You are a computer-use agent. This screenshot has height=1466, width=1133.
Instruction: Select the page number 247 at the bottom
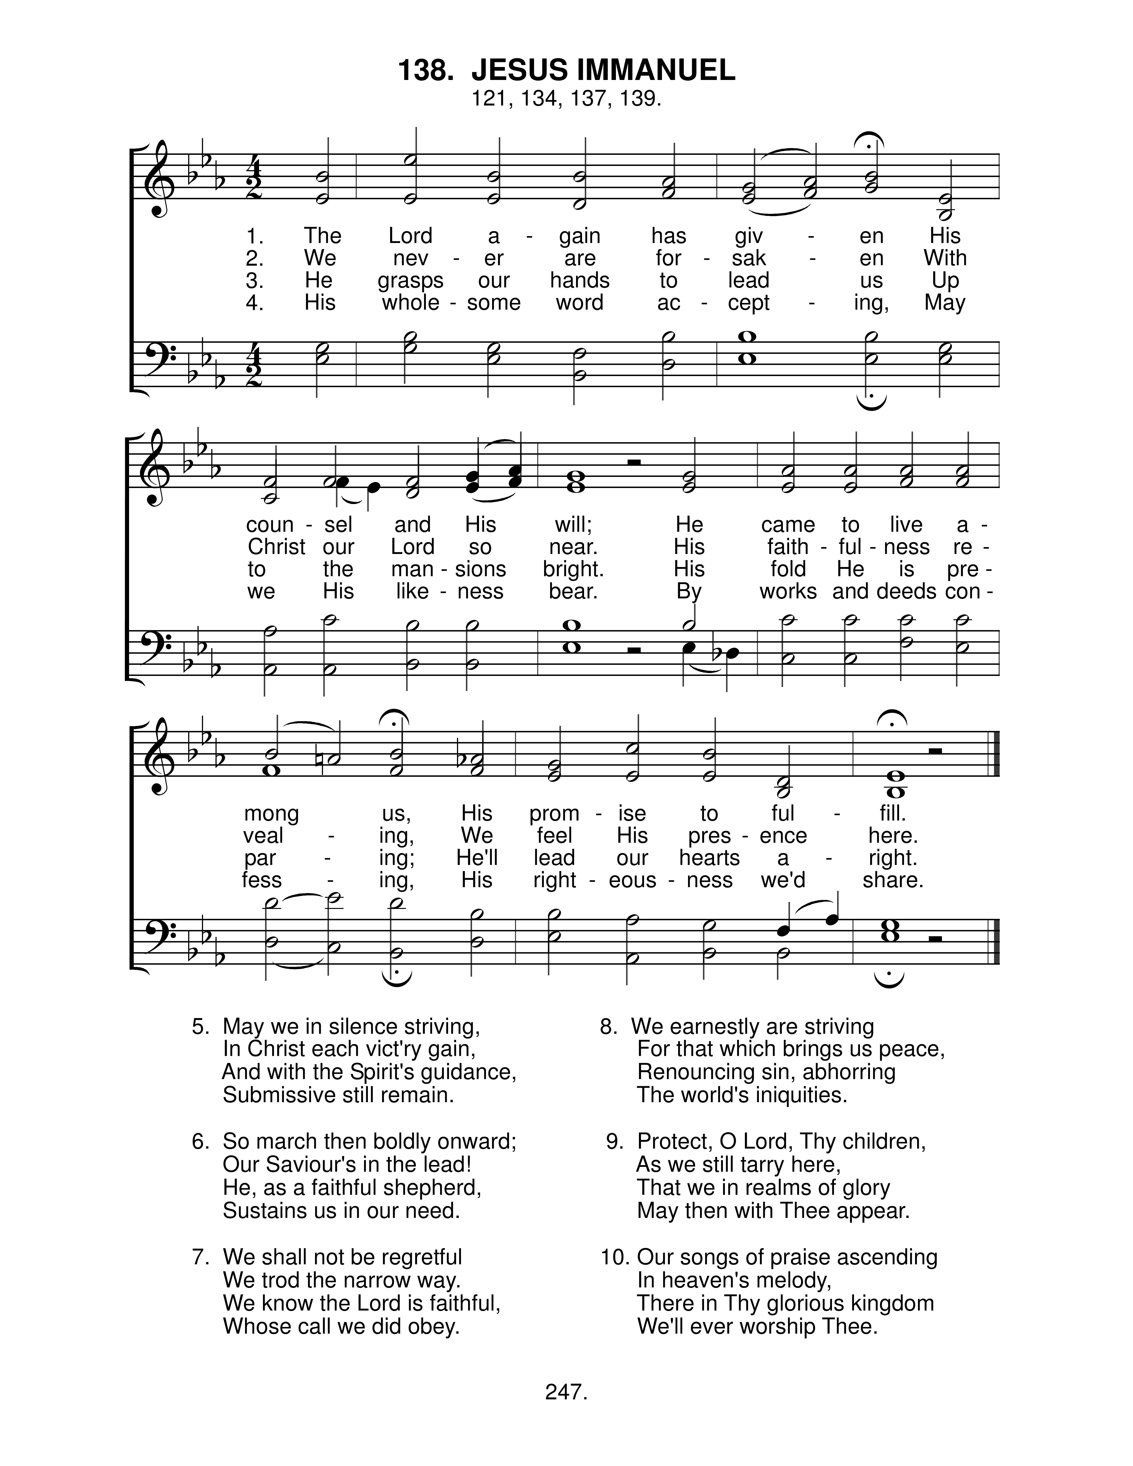[x=566, y=1393]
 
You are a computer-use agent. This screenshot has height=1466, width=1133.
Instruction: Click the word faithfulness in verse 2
[x=848, y=547]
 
